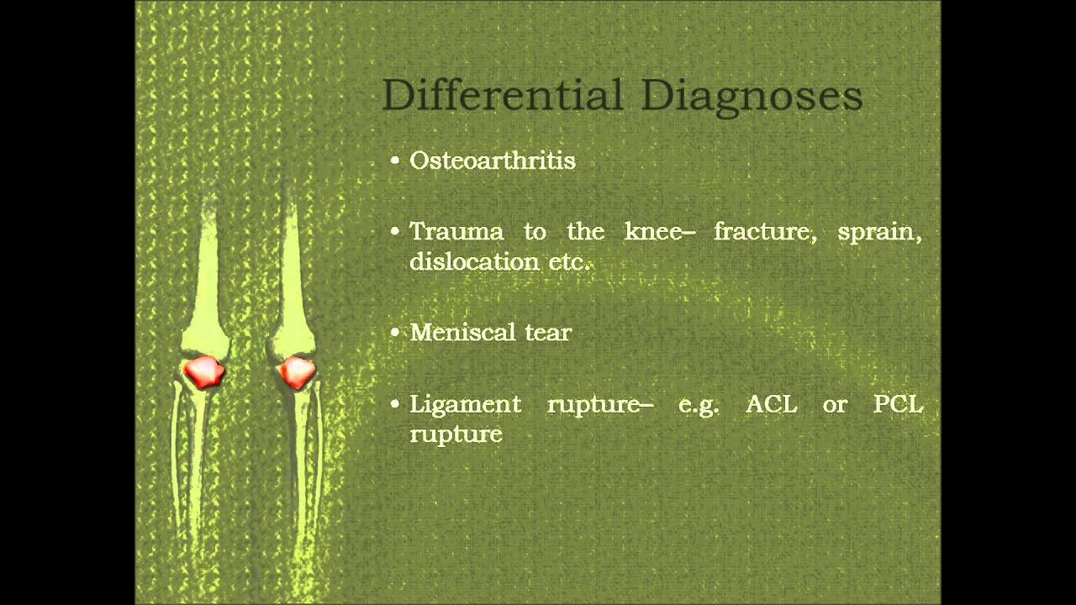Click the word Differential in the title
504,95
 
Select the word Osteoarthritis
493,160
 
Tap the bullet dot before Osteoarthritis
395,160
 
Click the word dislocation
474,261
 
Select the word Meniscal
462,332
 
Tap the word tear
548,333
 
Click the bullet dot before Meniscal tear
395,332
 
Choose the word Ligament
465,404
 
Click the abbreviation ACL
771,404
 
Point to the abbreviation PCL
898,404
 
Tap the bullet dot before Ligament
395,404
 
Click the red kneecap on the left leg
204,371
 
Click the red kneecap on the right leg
296,371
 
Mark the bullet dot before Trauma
395,232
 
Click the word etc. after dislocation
569,261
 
